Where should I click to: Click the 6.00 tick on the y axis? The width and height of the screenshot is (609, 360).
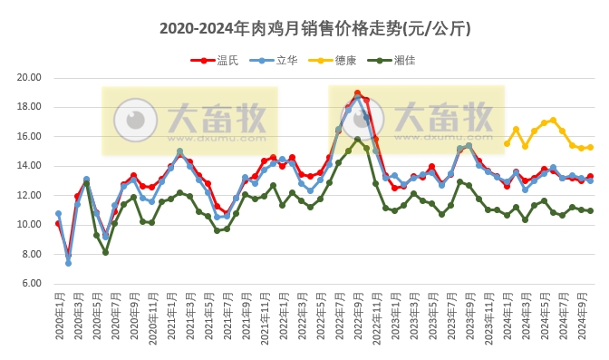[30, 284]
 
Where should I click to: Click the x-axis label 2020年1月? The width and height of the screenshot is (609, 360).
[58, 317]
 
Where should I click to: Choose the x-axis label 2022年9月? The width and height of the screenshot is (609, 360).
[357, 317]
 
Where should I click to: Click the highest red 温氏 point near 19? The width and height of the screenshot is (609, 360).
[357, 92]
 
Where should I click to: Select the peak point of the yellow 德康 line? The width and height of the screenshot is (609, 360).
[553, 120]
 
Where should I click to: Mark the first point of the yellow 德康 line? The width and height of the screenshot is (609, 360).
[507, 143]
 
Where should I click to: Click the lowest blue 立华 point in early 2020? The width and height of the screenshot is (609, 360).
[68, 263]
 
